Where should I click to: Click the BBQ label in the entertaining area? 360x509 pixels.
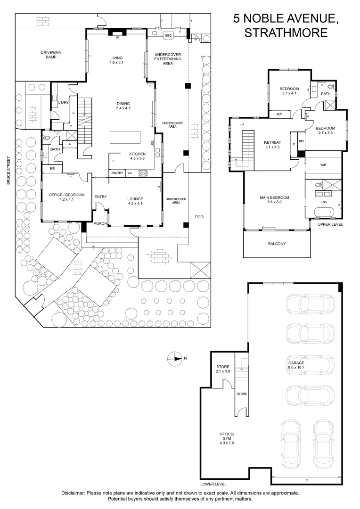[168, 35]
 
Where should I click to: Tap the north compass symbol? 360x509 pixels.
[174, 358]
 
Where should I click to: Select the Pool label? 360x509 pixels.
[200, 217]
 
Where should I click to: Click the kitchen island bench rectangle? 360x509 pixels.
[125, 137]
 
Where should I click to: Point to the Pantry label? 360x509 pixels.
[117, 173]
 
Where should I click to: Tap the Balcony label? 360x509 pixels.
[277, 244]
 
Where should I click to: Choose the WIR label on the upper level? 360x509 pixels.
[323, 165]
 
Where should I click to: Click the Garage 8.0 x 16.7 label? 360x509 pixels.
[296, 365]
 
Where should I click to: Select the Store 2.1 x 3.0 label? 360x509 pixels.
[223, 369]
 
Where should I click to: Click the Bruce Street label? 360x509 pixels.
[9, 171]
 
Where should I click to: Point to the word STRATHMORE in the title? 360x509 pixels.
[286, 33]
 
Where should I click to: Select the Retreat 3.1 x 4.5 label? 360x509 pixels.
[272, 145]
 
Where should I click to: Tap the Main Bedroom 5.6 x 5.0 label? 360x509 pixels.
[274, 200]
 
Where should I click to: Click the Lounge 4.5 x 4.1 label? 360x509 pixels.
[135, 201]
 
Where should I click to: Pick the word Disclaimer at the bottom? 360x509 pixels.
[73, 493]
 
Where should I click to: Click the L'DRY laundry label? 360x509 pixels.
[63, 103]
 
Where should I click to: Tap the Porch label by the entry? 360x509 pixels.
[100, 223]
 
